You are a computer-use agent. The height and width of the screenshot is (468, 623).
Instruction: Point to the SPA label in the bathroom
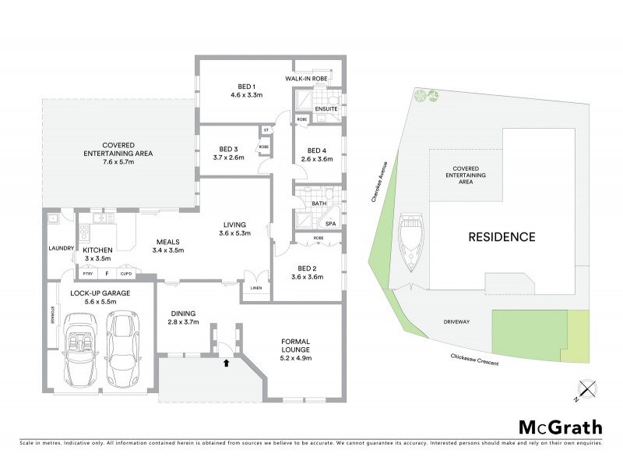pyautogui.click(x=330, y=224)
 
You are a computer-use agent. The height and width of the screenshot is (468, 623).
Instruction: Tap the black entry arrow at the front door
pyautogui.click(x=227, y=362)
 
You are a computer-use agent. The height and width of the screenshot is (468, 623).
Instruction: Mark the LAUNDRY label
pyautogui.click(x=60, y=249)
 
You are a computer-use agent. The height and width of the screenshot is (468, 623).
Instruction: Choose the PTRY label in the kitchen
pyautogui.click(x=88, y=274)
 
